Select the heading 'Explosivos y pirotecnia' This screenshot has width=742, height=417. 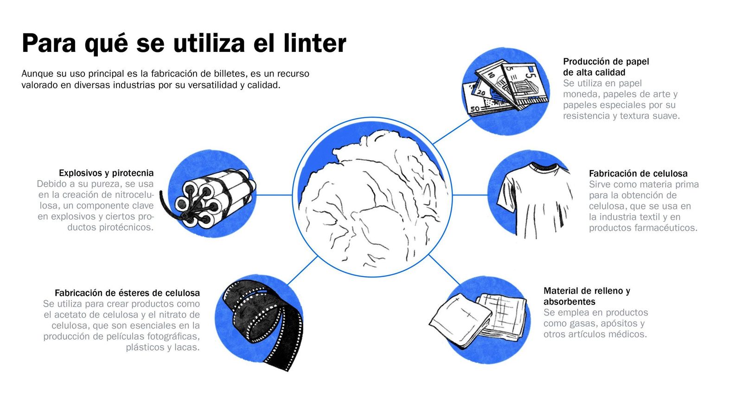pyautogui.click(x=106, y=173)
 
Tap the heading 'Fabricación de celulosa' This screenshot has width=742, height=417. pyautogui.click(x=638, y=173)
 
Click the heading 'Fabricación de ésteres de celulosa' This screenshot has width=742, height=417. pyautogui.click(x=127, y=293)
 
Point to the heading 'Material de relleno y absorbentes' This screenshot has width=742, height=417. pyautogui.click(x=586, y=296)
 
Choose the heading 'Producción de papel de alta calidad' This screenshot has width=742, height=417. pyautogui.click(x=605, y=67)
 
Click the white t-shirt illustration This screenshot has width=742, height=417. pyautogui.click(x=533, y=199)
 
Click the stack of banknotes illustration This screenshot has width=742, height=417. pyautogui.click(x=505, y=88)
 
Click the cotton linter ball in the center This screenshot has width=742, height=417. pyautogui.click(x=373, y=199)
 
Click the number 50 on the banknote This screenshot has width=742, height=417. pyautogui.click(x=475, y=109)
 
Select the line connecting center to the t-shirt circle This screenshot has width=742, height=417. pyautogui.click(x=469, y=195)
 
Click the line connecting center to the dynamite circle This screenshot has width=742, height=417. pyautogui.click(x=274, y=195)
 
